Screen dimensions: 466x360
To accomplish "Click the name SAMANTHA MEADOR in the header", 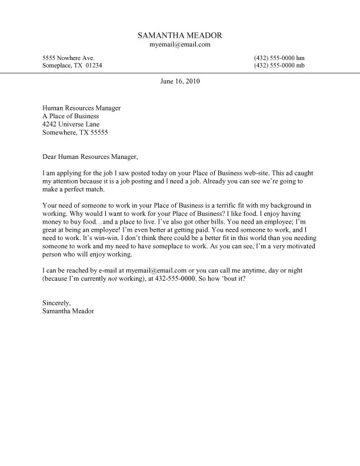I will (x=180, y=35).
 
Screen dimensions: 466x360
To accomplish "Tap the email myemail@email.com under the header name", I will (x=180, y=45).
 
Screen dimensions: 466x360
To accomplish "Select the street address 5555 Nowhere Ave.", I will (x=68, y=58).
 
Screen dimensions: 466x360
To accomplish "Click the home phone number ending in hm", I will (x=279, y=58).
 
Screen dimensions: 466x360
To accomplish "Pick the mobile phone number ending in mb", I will (x=279, y=65).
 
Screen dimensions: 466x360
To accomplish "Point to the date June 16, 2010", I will (x=180, y=82).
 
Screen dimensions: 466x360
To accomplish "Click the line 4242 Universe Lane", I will (x=71, y=125).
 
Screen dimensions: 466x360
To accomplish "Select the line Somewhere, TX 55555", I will (x=75, y=133).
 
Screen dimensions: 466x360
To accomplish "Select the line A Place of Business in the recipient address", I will (x=71, y=116).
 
